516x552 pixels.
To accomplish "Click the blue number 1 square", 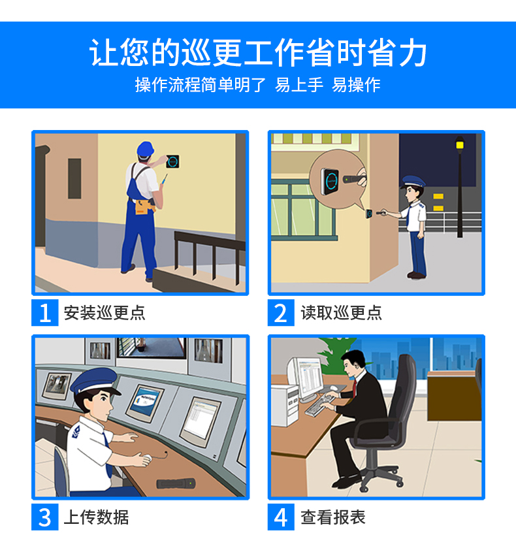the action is pyautogui.click(x=44, y=313).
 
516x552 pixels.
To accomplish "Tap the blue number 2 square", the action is pyautogui.click(x=281, y=313).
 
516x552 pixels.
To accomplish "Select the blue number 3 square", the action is pyautogui.click(x=44, y=517).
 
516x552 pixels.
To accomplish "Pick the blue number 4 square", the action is pyautogui.click(x=281, y=517).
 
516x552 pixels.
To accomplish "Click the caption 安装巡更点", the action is pyautogui.click(x=105, y=313).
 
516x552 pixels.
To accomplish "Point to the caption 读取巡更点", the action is pyautogui.click(x=341, y=313).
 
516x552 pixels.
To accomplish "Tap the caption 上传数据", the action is pyautogui.click(x=96, y=517).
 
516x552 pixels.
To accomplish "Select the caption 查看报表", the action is pyautogui.click(x=333, y=517).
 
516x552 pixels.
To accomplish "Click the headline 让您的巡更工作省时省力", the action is pyautogui.click(x=258, y=53).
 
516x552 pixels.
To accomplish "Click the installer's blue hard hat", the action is pyautogui.click(x=145, y=149).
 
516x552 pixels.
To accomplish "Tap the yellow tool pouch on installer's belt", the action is pyautogui.click(x=144, y=206).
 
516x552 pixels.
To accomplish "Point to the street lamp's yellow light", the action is pyautogui.click(x=460, y=144).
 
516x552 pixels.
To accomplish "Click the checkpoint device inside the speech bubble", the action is pyautogui.click(x=330, y=182).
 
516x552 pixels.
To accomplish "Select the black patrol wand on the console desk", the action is pyautogui.click(x=175, y=483).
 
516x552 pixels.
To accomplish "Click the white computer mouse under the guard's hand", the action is pyautogui.click(x=147, y=458).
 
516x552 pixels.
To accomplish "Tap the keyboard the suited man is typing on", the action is pyautogui.click(x=319, y=406).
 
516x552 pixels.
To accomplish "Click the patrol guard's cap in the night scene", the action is pyautogui.click(x=413, y=182).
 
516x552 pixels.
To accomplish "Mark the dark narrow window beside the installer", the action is pyautogui.click(x=74, y=178).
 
